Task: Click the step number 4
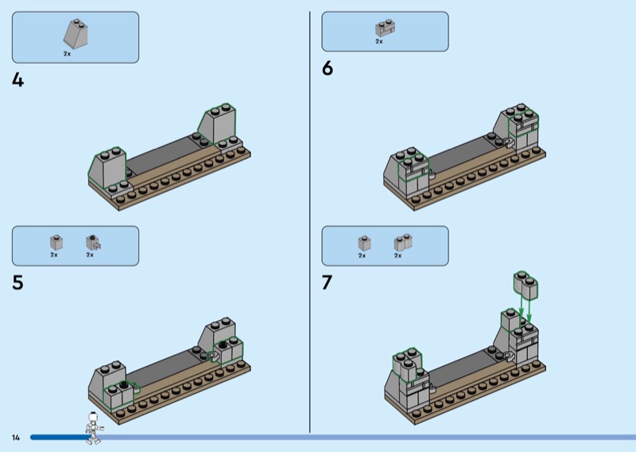coord(17,80)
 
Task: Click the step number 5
coord(17,282)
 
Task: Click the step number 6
coord(328,68)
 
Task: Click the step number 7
coord(327,282)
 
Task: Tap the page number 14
coord(16,438)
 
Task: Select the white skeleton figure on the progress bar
coord(94,427)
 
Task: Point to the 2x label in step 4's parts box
coord(67,53)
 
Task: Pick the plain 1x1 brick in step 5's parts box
coord(56,243)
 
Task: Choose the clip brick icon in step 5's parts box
coord(93,243)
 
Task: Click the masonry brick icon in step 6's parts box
coord(385,28)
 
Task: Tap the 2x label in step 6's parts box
coord(379,41)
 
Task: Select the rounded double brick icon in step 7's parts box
coord(403,243)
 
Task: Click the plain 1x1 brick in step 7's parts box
coord(364,244)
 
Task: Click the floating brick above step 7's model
coord(525,284)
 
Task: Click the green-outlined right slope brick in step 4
coord(217,124)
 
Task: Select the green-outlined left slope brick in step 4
coord(107,168)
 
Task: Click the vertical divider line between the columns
coord(310,222)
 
